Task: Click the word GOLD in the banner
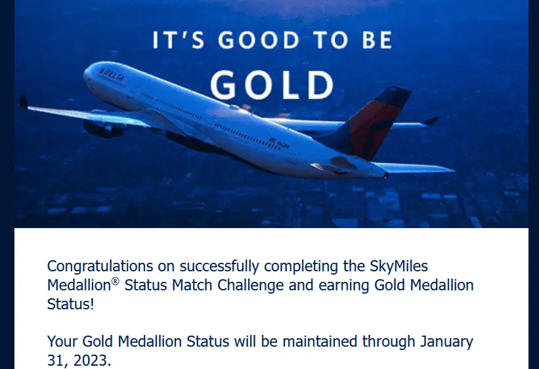[x=272, y=85]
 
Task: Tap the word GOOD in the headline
[x=259, y=40]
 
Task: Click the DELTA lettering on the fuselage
[x=111, y=75]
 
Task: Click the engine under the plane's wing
[x=103, y=128]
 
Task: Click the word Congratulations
[x=100, y=267]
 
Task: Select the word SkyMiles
[x=399, y=267]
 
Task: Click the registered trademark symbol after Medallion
[x=115, y=281]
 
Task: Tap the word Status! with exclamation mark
[x=70, y=304]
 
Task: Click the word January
[x=446, y=342]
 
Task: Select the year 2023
[x=92, y=360]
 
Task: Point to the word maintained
[x=320, y=341]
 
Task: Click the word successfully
[x=219, y=267]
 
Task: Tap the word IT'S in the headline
[x=179, y=40]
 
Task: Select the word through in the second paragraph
[x=389, y=342]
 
